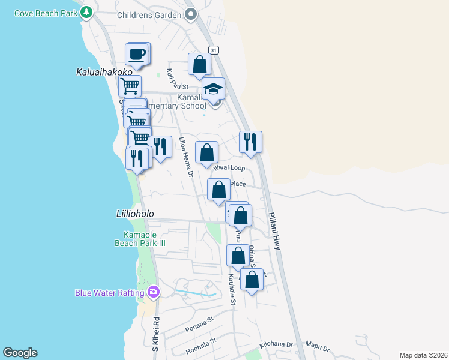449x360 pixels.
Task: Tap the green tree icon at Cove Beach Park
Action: click(87, 11)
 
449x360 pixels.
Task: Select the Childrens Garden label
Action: click(149, 14)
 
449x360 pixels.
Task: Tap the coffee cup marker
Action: click(136, 54)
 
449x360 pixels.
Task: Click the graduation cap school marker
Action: click(212, 89)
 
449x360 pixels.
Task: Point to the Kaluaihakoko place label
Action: click(104, 72)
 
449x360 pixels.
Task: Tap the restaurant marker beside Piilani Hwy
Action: click(250, 142)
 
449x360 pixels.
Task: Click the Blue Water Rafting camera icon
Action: click(154, 292)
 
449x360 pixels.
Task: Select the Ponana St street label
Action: click(199, 324)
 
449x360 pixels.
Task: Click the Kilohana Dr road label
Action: click(276, 346)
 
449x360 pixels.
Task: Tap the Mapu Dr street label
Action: click(318, 347)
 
